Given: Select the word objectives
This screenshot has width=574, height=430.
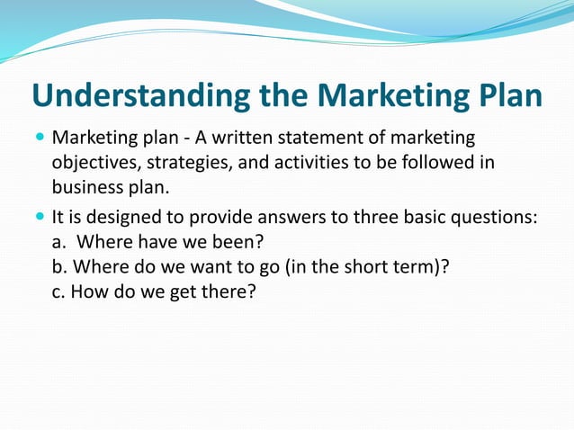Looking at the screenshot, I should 94,165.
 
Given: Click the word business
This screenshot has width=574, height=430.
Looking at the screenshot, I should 86,190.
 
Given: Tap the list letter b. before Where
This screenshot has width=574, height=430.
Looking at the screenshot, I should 59,267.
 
